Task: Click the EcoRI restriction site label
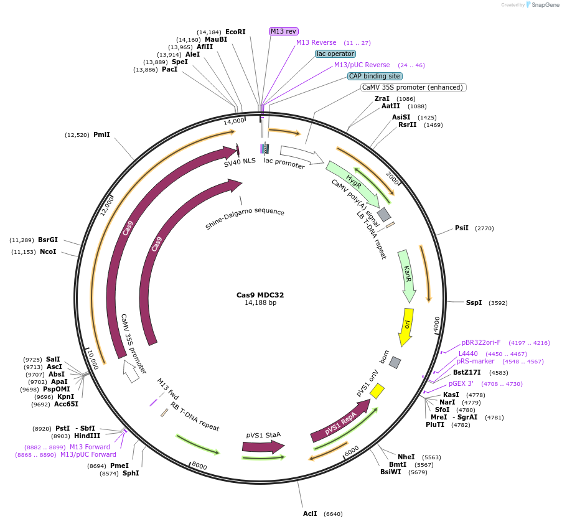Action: pos(235,32)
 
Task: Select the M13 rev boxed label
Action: pos(284,31)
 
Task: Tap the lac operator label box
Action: pos(335,54)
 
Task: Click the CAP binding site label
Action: pos(375,76)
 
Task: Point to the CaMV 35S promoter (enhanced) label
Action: pos(413,87)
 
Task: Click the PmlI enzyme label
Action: pos(101,134)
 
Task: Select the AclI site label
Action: pos(310,513)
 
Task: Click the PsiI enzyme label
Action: pos(462,228)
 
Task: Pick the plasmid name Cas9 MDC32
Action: pos(260,295)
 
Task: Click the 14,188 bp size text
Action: pos(260,303)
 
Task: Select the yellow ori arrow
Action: pos(406,326)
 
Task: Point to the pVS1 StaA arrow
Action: pos(263,446)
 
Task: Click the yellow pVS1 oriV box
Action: pos(377,391)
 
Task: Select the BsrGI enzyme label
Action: pos(48,240)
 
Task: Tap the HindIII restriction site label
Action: pos(87,436)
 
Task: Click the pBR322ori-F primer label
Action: pos(481,342)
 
